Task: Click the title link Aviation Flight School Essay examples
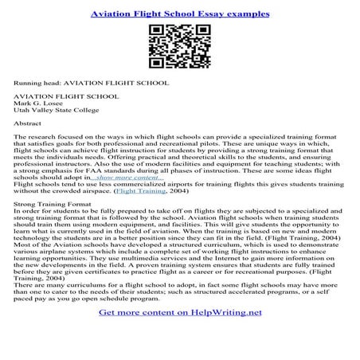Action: (179, 14)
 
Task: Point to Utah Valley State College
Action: (53, 113)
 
